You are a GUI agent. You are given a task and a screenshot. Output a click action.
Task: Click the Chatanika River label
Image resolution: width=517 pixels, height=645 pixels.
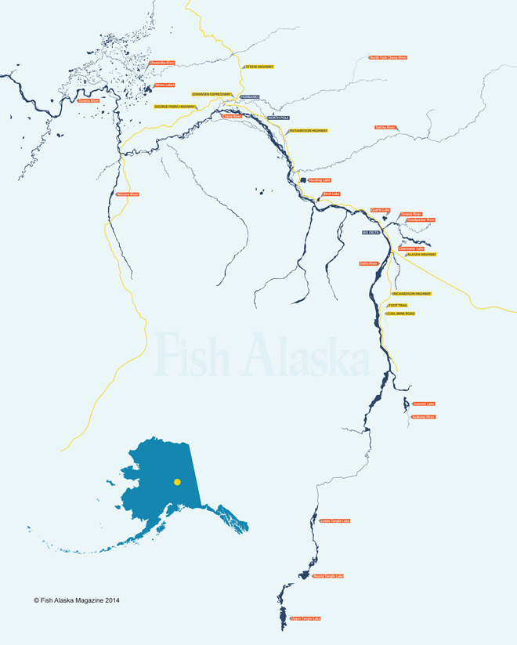click(x=161, y=63)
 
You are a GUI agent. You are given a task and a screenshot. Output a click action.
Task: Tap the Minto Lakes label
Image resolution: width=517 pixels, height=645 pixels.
click(x=164, y=85)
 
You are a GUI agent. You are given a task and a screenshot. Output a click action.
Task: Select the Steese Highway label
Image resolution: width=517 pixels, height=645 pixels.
click(x=260, y=67)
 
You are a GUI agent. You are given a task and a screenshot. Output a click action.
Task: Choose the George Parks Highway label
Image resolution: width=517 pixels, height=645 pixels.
click(x=175, y=107)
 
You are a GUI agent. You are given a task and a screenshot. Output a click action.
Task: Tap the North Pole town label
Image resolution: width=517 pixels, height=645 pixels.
click(x=279, y=118)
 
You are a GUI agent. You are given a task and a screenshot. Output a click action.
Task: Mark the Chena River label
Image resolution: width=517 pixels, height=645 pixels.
click(x=232, y=116)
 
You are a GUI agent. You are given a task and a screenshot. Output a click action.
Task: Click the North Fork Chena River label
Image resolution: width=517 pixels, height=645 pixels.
click(x=389, y=57)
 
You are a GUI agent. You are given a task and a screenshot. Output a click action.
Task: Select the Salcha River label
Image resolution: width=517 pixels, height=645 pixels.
click(x=386, y=127)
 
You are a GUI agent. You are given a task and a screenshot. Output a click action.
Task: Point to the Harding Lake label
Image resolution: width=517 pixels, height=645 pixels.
click(x=320, y=180)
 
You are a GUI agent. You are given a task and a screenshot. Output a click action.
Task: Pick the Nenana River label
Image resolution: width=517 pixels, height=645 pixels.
click(x=128, y=194)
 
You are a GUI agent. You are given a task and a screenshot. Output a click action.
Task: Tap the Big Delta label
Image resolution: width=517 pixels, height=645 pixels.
click(x=371, y=232)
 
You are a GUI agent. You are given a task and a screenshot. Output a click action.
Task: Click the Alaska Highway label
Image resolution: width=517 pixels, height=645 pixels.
click(x=421, y=255)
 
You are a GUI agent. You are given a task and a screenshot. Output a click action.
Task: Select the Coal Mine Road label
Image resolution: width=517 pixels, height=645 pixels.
click(x=401, y=313)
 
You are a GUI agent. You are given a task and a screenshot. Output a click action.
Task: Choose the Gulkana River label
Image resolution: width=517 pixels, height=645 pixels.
click(x=423, y=417)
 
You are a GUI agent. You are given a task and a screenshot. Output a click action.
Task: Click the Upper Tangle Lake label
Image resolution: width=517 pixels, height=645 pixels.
click(x=305, y=618)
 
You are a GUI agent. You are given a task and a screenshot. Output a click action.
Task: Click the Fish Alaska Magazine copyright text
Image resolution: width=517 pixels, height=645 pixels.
click(x=77, y=601)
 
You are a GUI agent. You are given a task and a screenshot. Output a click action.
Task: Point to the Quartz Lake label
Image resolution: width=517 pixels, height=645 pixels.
click(x=381, y=210)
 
